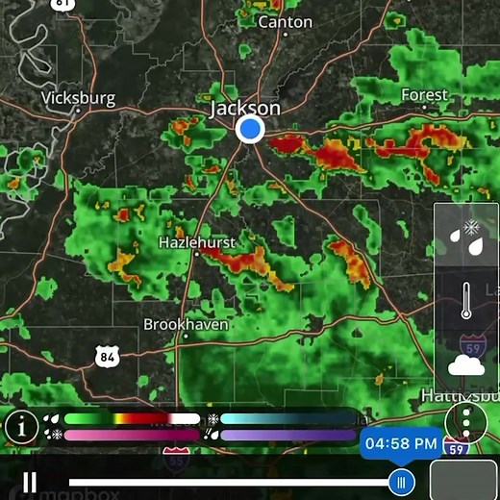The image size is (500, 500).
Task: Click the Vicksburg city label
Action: [79, 98]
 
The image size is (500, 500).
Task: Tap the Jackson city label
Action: [245, 108]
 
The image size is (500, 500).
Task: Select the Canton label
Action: [286, 21]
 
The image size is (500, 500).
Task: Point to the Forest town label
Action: [425, 95]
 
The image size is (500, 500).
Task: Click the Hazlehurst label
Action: [197, 243]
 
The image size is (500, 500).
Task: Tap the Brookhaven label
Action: [187, 324]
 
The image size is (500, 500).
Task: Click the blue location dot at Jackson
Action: [250, 130]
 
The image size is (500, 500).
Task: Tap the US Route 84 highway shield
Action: [108, 357]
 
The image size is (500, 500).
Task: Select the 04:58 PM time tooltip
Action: [402, 443]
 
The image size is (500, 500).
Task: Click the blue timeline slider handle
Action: [402, 481]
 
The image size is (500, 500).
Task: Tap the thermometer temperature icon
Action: [466, 300]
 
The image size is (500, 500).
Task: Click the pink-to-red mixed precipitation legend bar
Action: [131, 435]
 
